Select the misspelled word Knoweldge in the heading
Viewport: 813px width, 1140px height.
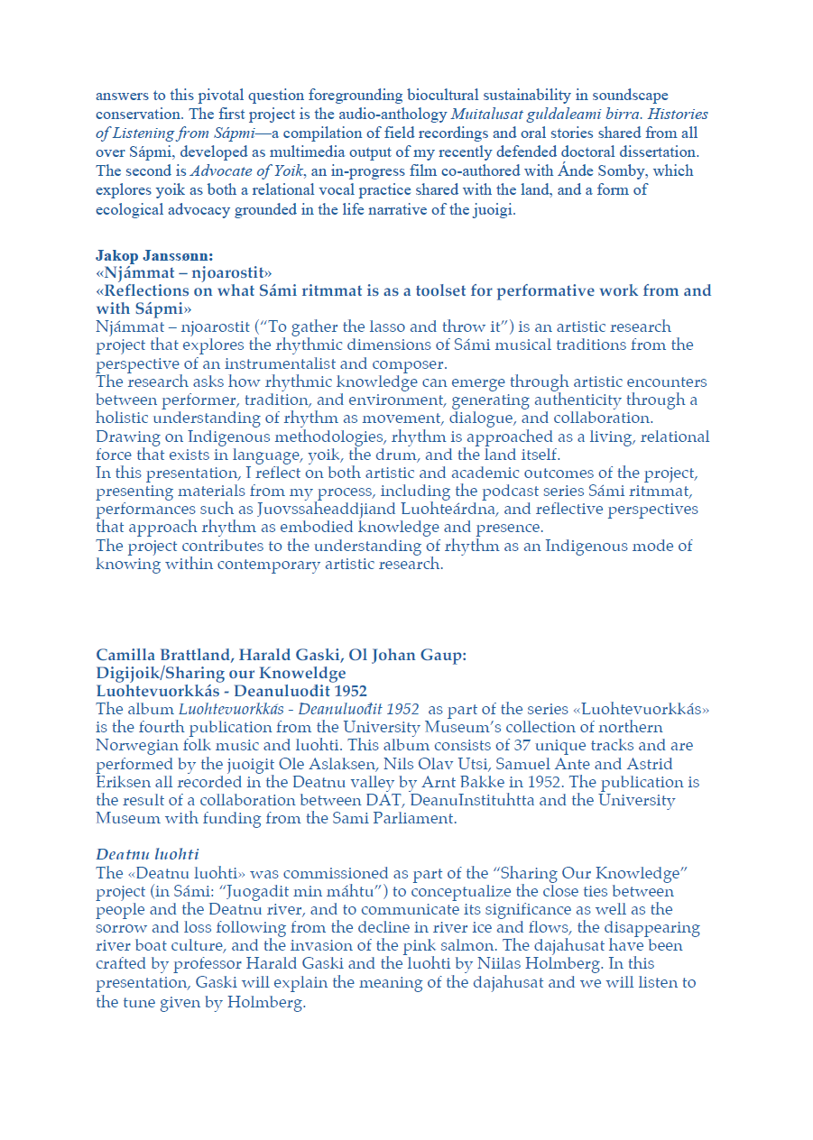303,673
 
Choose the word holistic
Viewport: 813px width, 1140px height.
125,418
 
